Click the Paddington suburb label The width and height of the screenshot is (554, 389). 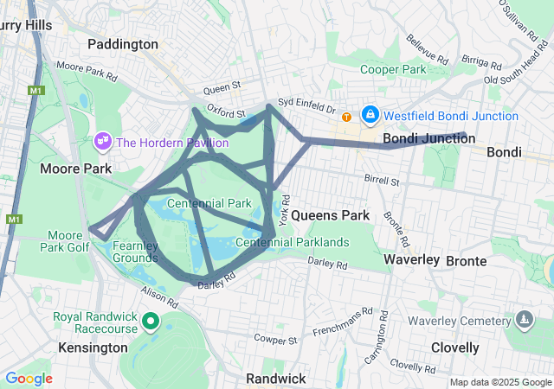pos(123,43)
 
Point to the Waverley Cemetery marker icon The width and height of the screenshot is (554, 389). pos(523,321)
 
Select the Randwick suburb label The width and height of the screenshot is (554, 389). pos(274,379)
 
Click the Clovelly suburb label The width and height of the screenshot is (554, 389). pos(454,348)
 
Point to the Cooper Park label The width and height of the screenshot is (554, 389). pos(394,69)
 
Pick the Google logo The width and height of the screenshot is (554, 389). pos(29,379)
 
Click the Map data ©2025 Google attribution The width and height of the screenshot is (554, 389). pos(499,383)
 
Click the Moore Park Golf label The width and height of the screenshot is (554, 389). pos(65,241)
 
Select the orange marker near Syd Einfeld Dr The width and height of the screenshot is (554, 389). pos(346,117)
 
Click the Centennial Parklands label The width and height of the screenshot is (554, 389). pos(293,242)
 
